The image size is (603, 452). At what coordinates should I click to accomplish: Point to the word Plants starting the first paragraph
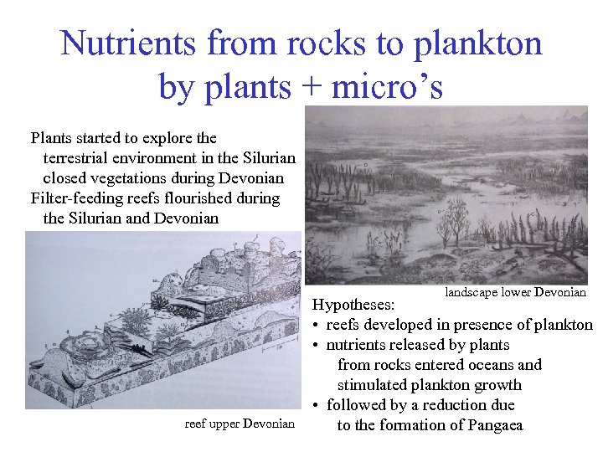50,138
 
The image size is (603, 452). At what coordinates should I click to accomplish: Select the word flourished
204,198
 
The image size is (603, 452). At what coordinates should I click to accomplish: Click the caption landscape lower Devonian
515,292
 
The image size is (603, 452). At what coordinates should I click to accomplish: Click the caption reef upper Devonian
240,424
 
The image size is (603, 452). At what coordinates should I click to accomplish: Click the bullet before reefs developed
317,326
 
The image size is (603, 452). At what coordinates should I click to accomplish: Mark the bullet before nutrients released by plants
317,346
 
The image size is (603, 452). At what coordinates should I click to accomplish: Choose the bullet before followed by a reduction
317,406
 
